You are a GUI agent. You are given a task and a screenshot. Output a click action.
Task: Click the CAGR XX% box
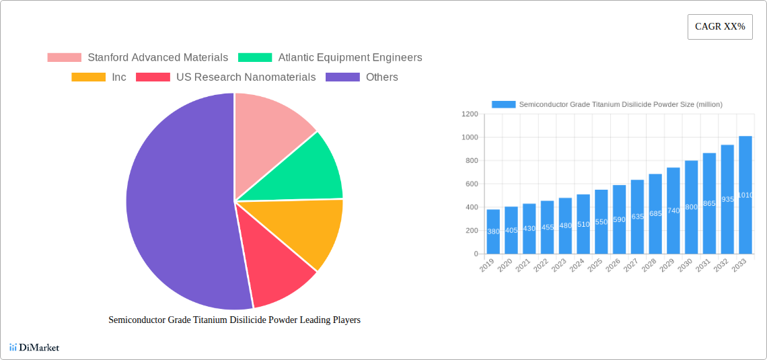(719, 27)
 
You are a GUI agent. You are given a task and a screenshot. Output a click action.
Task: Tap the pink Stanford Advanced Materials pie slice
(269, 128)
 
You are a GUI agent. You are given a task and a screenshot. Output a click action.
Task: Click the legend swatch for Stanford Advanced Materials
(64, 58)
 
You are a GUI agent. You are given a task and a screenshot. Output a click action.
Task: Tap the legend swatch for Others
(342, 77)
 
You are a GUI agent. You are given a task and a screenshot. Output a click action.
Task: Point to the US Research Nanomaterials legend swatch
(153, 77)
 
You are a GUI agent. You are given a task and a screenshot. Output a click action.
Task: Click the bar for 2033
(745, 195)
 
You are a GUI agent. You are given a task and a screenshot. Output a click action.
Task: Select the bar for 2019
(493, 231)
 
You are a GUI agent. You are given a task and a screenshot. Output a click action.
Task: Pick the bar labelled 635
(637, 217)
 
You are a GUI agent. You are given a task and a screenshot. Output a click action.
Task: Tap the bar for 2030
(691, 207)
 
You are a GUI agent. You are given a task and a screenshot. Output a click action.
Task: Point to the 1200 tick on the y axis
(469, 114)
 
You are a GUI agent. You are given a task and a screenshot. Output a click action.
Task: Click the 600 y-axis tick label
(470, 184)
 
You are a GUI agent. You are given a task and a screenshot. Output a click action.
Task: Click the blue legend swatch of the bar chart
(503, 104)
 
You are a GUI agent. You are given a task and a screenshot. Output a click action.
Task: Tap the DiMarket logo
(34, 347)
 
